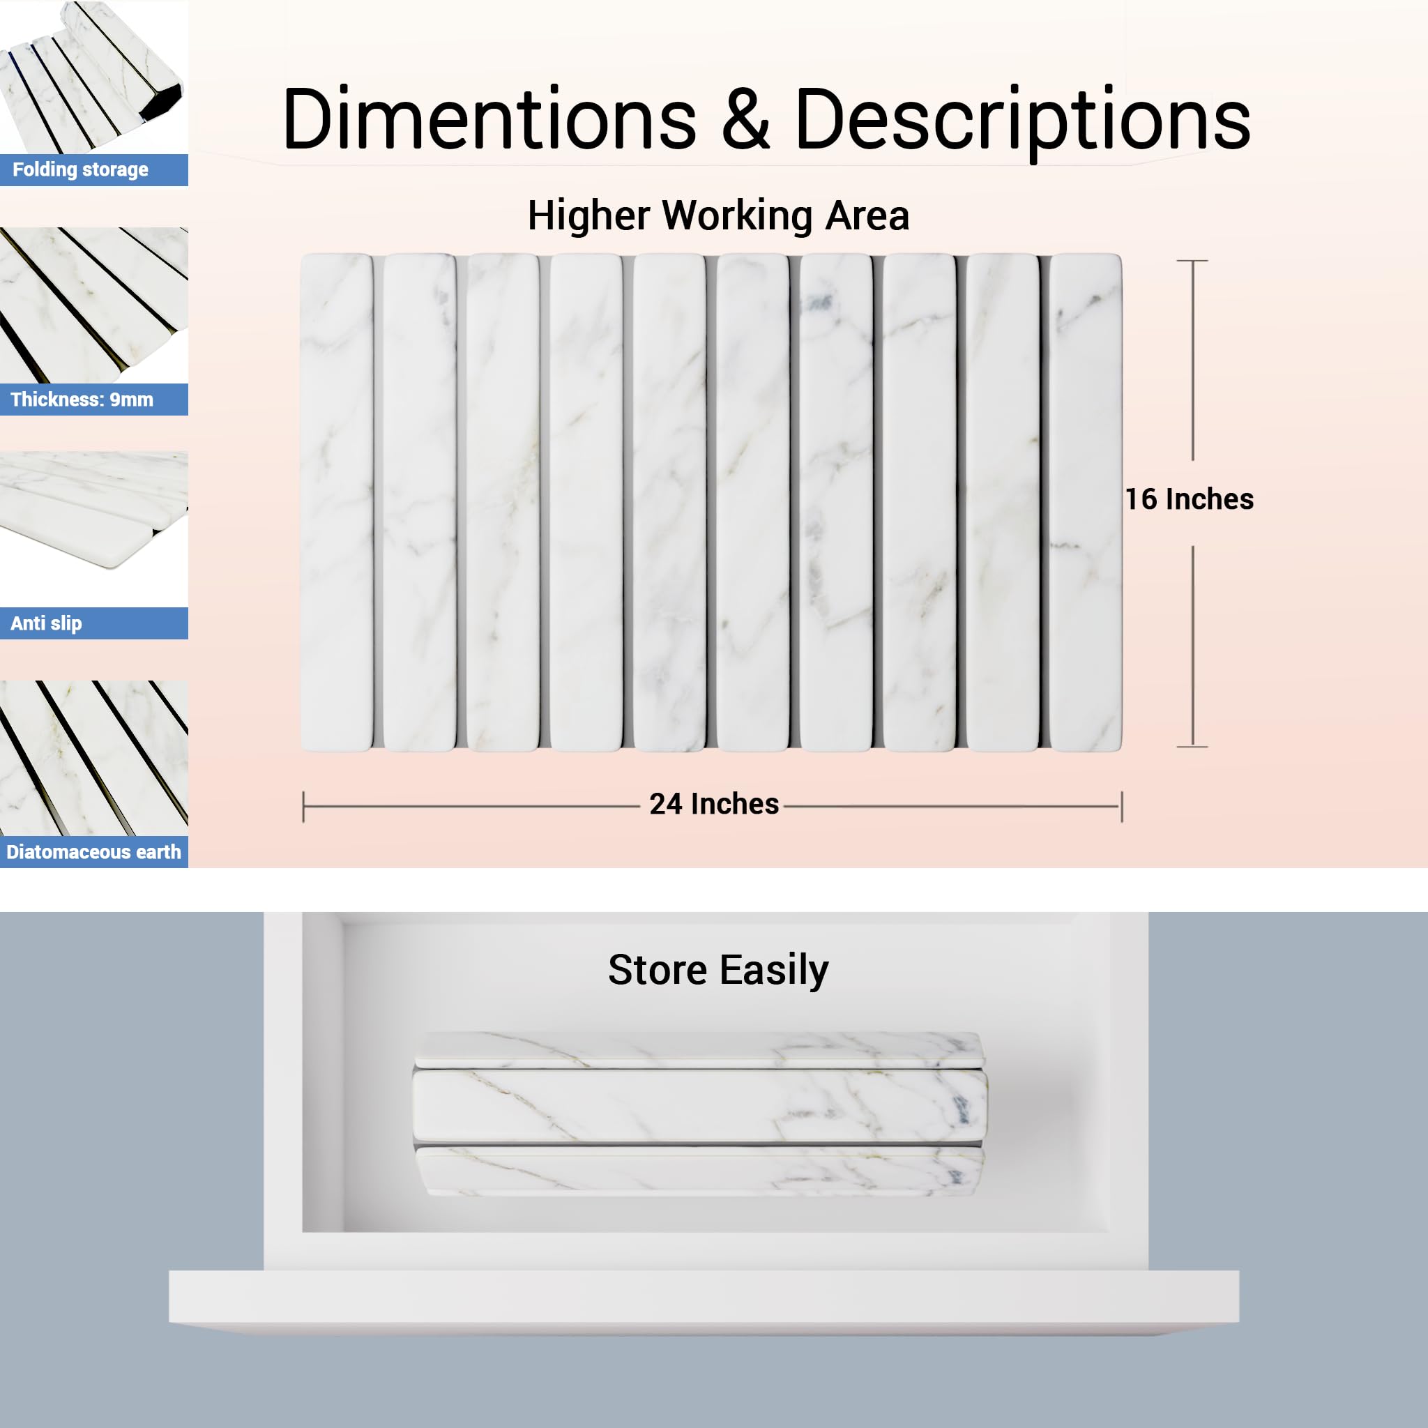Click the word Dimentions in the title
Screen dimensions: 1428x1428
[x=489, y=119]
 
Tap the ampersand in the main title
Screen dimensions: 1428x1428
[x=746, y=119]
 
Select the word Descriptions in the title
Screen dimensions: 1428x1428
[x=1023, y=122]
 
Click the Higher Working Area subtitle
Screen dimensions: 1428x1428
[x=717, y=216]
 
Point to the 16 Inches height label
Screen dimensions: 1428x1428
[x=1190, y=500]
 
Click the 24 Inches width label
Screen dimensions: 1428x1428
[x=714, y=804]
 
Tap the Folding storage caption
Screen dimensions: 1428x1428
[x=81, y=170]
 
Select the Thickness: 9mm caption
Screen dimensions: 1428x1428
[x=82, y=400]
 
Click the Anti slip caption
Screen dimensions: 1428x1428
[x=46, y=624]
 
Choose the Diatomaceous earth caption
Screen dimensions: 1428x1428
[x=94, y=852]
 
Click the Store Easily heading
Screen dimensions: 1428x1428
[x=718, y=971]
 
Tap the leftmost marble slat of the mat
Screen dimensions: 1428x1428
[x=336, y=503]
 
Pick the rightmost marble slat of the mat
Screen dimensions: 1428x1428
[x=1086, y=503]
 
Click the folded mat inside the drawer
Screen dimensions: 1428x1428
[x=699, y=1114]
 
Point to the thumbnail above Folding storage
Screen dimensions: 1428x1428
[x=94, y=77]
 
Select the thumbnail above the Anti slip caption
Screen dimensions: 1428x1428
[x=94, y=529]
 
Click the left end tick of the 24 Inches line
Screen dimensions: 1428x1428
[x=304, y=807]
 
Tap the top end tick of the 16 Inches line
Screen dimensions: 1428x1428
[x=1192, y=261]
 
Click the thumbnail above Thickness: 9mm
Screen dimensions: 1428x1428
[x=94, y=305]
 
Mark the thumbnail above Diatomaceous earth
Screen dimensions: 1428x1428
[x=94, y=759]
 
